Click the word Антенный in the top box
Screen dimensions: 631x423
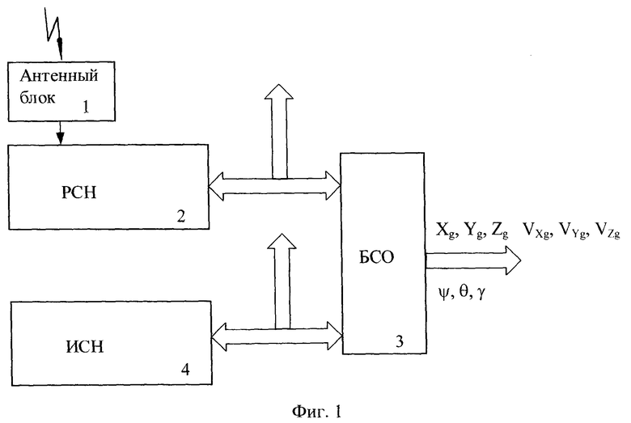click(x=59, y=76)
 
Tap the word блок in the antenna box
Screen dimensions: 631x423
click(x=37, y=97)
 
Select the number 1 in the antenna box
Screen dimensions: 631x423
click(x=86, y=107)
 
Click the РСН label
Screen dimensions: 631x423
click(x=79, y=192)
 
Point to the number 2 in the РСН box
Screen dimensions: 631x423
click(x=180, y=217)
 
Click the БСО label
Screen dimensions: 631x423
click(x=376, y=257)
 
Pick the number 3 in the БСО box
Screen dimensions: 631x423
click(x=399, y=341)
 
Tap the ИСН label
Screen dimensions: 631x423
click(x=84, y=346)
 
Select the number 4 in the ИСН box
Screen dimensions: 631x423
click(x=185, y=370)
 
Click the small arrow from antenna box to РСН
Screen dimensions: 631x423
click(x=60, y=133)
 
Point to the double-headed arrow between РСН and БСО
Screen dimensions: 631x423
click(x=275, y=186)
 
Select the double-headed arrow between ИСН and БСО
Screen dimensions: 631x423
click(x=277, y=336)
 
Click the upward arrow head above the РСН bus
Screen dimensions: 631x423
click(x=279, y=91)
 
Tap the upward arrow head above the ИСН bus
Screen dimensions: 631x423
click(x=282, y=241)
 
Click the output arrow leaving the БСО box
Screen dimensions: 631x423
click(x=473, y=260)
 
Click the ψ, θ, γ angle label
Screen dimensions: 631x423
click(x=462, y=293)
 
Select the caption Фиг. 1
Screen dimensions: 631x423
click(x=317, y=412)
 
